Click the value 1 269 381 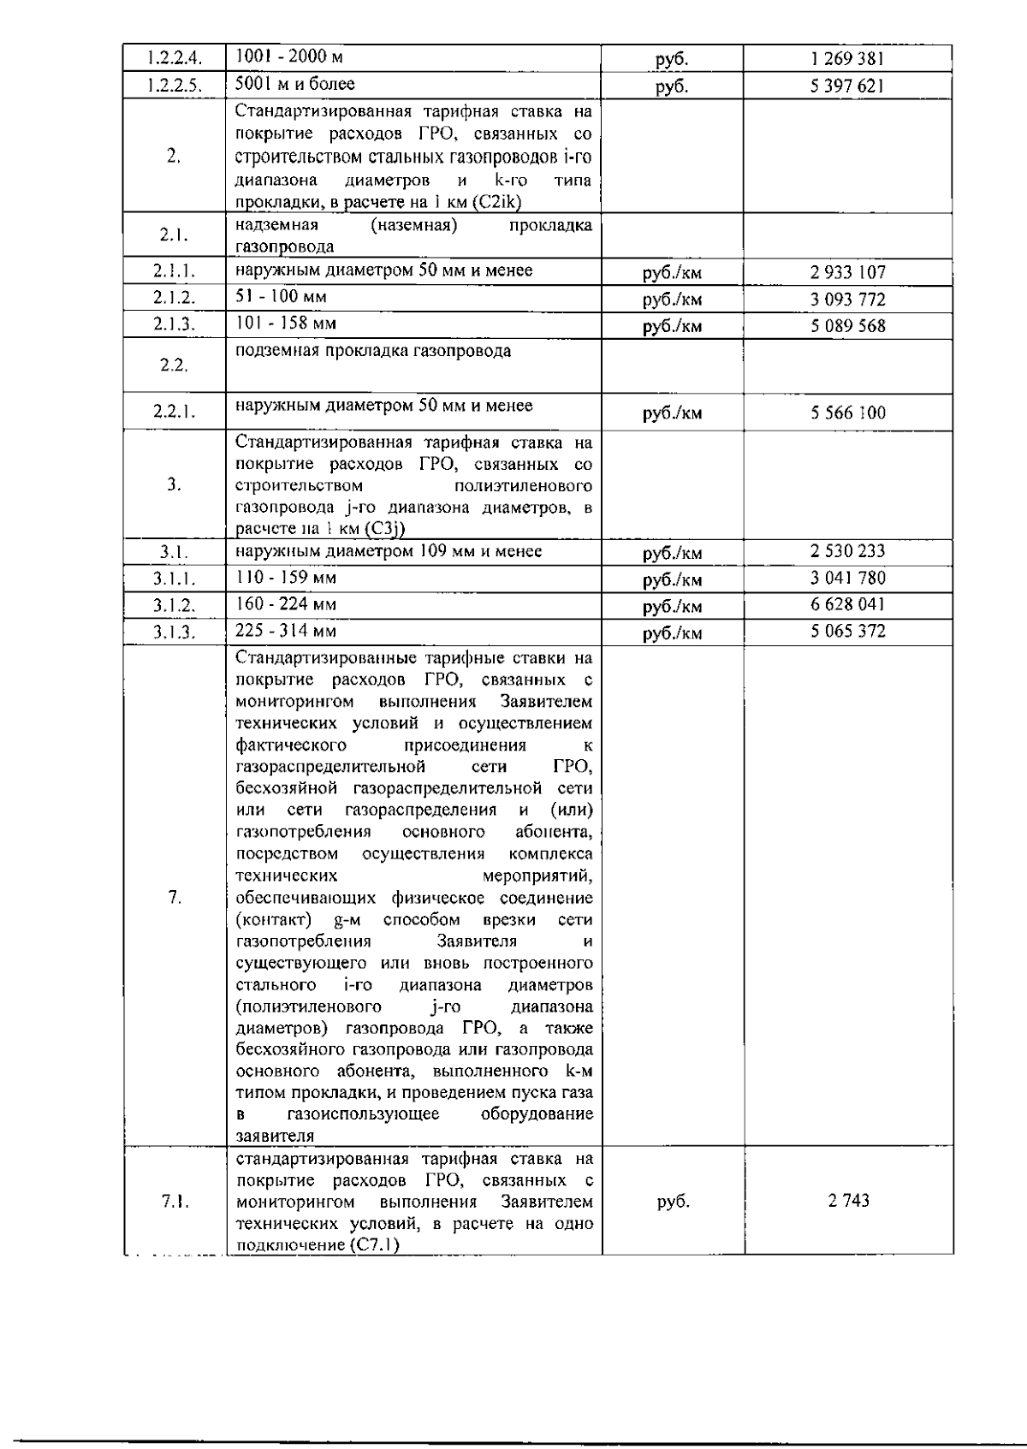846,59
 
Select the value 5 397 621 846,86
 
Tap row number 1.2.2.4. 174,59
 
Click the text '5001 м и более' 295,84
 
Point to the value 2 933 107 847,273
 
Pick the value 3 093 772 847,300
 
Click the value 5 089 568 847,326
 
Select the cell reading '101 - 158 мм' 286,324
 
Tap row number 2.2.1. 174,413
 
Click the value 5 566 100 847,413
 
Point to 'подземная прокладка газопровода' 373,351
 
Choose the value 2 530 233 847,551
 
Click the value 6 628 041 847,604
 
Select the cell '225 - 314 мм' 286,631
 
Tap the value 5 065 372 847,632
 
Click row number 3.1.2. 174,606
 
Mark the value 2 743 848,1201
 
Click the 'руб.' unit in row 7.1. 673,1202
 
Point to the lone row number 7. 174,897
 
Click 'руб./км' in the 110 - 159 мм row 672,579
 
